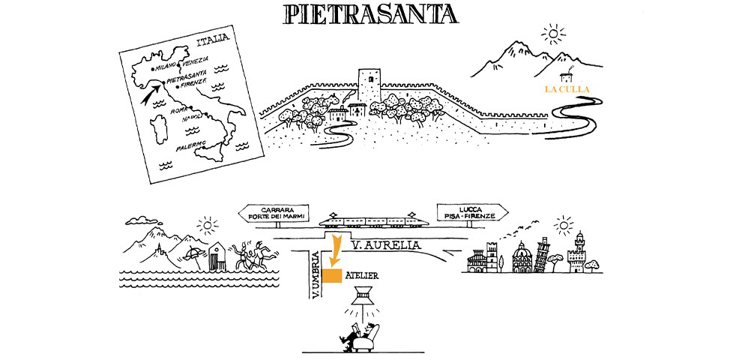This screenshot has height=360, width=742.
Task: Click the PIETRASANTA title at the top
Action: point(370,15)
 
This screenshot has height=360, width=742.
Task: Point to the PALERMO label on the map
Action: point(190,146)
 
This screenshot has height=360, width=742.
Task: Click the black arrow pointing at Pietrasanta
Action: point(151,94)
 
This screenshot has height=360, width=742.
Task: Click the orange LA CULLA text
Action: point(567,88)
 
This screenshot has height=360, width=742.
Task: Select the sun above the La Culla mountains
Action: point(553,34)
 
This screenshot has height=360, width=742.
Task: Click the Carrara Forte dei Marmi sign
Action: point(274,213)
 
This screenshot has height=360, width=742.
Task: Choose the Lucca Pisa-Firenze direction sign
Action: point(473,213)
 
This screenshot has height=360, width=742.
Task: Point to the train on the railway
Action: point(374,222)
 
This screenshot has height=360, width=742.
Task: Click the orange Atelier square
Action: point(332,275)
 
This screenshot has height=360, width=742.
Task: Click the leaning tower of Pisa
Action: point(540,255)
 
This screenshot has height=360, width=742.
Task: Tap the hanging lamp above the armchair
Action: point(361,295)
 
